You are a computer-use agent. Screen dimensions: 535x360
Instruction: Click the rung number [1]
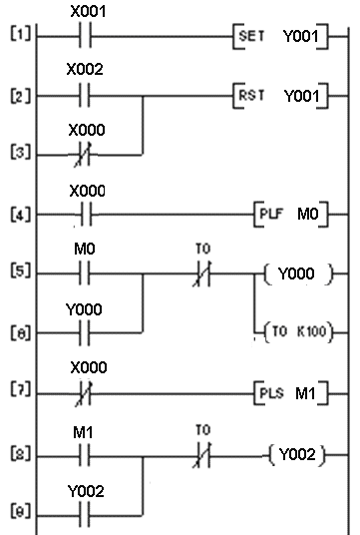tap(15, 41)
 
